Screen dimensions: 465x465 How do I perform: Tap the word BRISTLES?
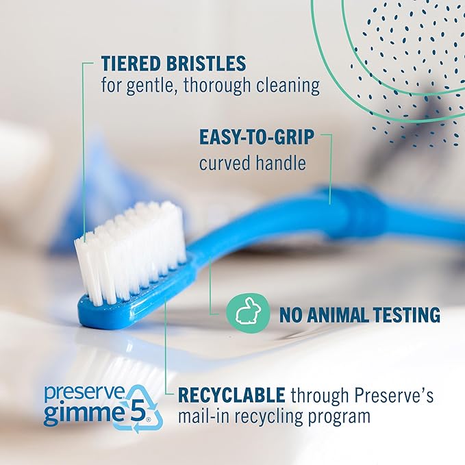208,64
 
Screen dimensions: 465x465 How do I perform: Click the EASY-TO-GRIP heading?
257,137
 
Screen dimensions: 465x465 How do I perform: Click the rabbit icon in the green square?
245,314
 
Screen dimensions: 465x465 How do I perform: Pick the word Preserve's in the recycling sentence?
400,395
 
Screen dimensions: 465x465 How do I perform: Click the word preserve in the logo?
76,393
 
